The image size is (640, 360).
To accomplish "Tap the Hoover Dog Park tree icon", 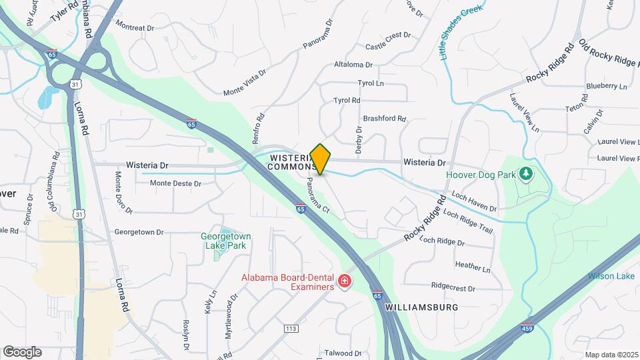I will point(527,173).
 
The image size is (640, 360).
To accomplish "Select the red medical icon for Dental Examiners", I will point(345,282).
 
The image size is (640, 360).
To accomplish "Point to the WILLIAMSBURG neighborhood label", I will point(421,307).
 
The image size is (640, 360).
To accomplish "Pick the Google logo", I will point(22,351).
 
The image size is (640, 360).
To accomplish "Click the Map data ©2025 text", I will point(611,355).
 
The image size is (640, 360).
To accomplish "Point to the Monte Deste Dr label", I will point(175,183).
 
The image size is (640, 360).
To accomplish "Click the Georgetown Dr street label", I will point(139,232).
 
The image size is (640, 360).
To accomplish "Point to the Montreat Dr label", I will point(135,28).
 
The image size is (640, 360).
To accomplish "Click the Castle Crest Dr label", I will point(387,47).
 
